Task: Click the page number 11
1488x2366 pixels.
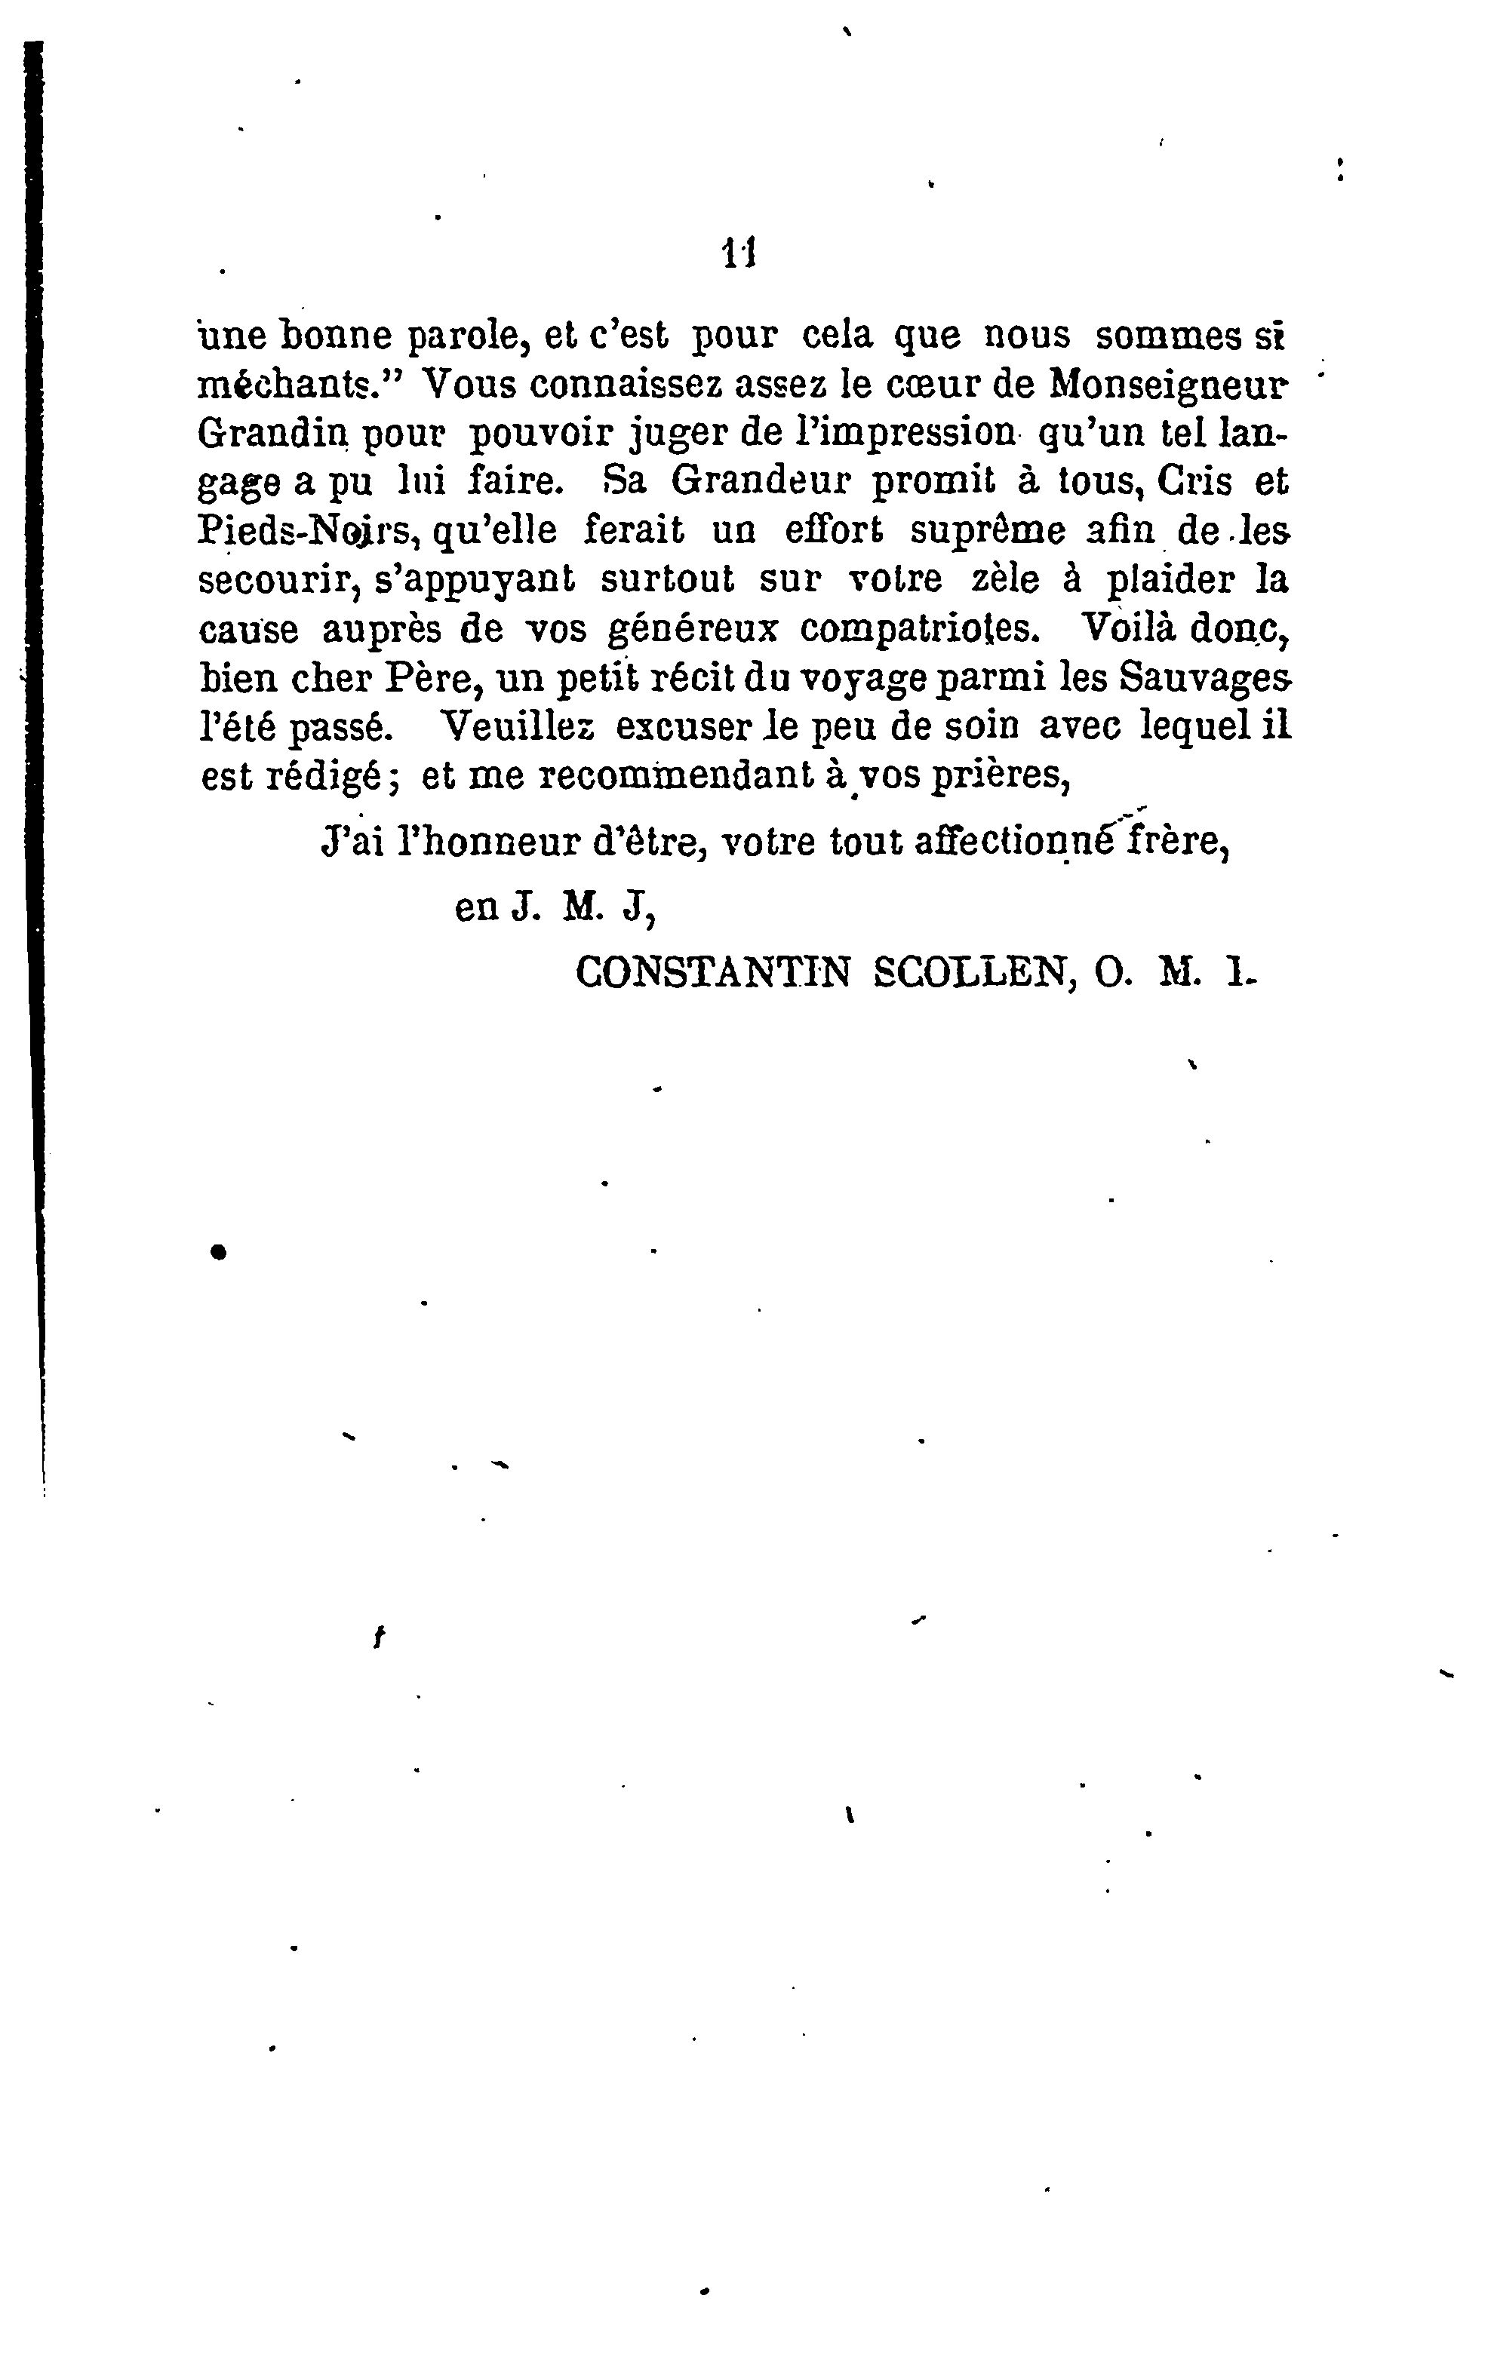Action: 738,254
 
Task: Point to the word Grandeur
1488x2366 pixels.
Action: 758,483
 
